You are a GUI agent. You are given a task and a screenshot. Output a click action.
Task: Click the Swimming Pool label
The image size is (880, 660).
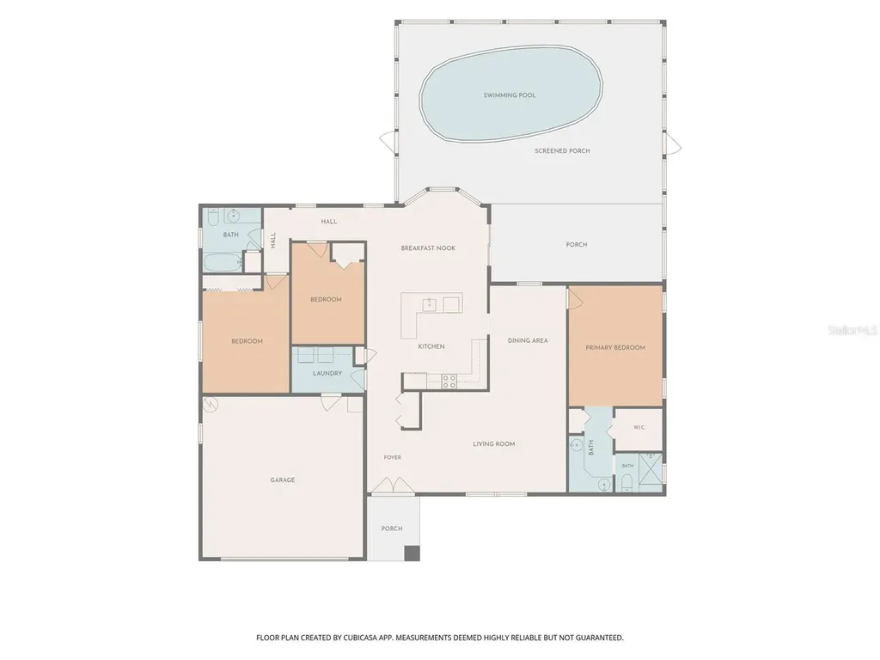510,95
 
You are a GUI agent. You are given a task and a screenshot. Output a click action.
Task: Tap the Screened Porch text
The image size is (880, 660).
562,151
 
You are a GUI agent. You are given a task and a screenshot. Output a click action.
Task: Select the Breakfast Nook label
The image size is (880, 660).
428,248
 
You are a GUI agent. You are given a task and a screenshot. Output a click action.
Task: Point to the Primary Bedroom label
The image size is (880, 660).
615,348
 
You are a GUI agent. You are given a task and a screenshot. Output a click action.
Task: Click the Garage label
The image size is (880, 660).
282,480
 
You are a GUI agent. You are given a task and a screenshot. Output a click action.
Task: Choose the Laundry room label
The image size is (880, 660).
327,374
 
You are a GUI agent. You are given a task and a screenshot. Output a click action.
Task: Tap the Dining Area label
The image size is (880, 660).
528,340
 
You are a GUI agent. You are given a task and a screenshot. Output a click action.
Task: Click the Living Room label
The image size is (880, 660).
494,444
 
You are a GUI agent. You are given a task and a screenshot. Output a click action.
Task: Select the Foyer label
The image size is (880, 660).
392,457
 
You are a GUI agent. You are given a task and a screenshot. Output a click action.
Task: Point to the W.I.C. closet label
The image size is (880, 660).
639,428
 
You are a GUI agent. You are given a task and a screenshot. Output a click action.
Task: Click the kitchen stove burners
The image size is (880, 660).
449,382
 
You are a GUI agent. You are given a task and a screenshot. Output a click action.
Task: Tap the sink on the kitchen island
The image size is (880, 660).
430,305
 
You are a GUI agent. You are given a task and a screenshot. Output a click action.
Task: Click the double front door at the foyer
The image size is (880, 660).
392,486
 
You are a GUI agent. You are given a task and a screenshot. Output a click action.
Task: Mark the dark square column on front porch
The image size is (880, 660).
412,553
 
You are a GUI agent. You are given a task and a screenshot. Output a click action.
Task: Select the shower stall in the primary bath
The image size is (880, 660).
650,474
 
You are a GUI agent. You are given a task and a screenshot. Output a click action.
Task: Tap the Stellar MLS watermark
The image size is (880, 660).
852,331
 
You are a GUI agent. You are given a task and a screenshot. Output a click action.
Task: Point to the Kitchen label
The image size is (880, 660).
431,347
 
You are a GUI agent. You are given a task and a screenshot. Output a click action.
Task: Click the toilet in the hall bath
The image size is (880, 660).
213,217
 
